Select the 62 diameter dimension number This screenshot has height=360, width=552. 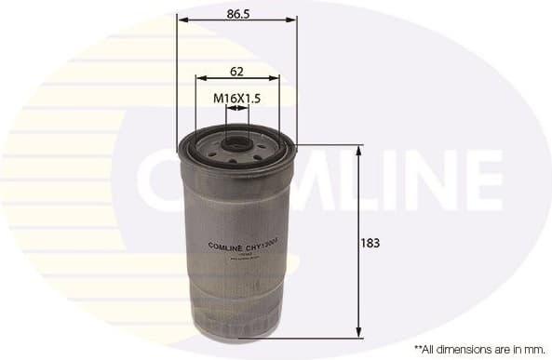[237, 71]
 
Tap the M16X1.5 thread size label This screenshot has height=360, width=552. [236, 97]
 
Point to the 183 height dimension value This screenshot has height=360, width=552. [370, 243]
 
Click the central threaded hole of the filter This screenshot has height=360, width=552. [237, 145]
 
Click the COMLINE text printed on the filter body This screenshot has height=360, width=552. [217, 247]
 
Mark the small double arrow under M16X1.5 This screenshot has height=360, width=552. [237, 110]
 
